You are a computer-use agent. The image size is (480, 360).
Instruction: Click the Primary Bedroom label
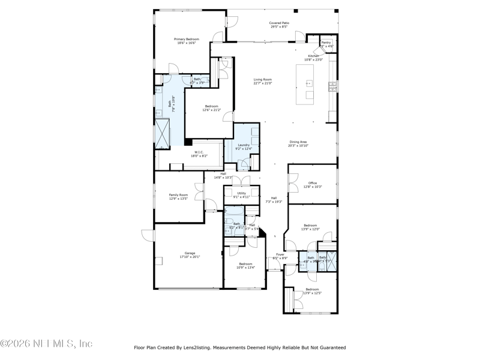point(188,39)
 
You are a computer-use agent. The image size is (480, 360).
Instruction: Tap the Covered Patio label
point(279,23)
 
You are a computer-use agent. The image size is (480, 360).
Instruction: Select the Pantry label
point(326,43)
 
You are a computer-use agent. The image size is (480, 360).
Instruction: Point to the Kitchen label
point(314,56)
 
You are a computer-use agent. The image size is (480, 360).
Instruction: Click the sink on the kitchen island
point(310,83)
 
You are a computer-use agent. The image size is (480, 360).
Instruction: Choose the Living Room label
point(262,79)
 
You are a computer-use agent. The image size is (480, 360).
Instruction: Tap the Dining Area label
point(298,142)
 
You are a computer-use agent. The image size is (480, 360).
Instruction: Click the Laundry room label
point(244,145)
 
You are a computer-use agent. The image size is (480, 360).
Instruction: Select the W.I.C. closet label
point(199,152)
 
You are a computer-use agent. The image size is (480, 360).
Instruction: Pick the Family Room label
point(178,194)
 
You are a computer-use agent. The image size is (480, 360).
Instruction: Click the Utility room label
point(241,193)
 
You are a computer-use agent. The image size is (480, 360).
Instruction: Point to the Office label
point(313,183)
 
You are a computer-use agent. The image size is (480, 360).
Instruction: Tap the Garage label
point(190,253)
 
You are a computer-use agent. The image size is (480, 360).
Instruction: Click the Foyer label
point(280,254)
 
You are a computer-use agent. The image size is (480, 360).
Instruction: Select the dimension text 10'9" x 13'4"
point(246,268)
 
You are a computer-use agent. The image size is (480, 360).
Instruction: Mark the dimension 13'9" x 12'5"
point(313,293)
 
